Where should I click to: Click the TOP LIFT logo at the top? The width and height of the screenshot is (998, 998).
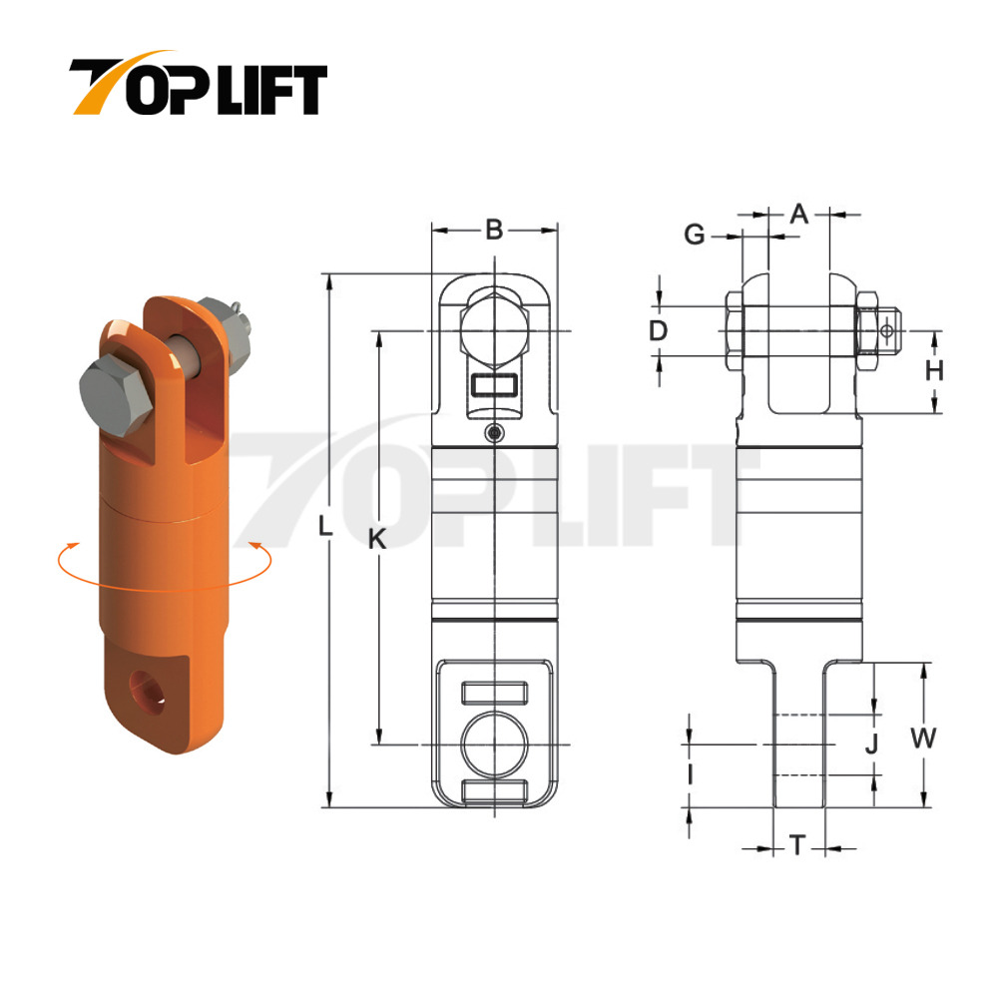[x=198, y=85]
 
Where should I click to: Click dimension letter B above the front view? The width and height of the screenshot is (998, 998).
[x=494, y=231]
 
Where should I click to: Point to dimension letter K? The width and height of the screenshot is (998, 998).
[x=376, y=539]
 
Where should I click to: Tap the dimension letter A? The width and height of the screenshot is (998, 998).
[x=798, y=213]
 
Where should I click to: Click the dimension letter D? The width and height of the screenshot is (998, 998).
[x=657, y=330]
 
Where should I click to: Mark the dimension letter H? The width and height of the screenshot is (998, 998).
[x=934, y=371]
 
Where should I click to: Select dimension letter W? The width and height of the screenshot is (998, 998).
[x=924, y=739]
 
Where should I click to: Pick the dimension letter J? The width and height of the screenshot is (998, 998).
[x=870, y=744]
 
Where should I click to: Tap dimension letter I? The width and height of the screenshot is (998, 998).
[x=689, y=774]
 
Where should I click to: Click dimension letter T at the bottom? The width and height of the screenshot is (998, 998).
[x=797, y=847]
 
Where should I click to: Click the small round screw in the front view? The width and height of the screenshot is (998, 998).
[x=493, y=432]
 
